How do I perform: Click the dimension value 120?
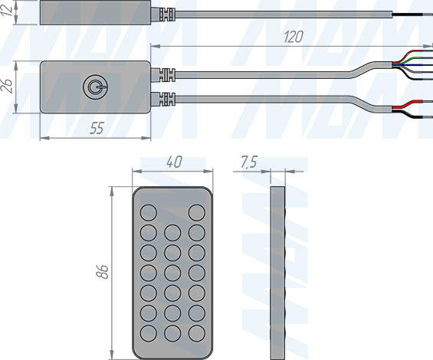tap(294, 37)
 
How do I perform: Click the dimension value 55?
tap(97, 129)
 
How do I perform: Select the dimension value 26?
tap(7, 86)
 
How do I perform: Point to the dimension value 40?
tap(174, 162)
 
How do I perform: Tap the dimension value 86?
tap(102, 272)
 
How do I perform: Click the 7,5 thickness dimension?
tap(249, 162)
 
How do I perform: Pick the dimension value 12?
tap(7, 10)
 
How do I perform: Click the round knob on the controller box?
tap(95, 87)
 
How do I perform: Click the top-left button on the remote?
tap(149, 213)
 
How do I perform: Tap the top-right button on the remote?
tap(197, 213)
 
